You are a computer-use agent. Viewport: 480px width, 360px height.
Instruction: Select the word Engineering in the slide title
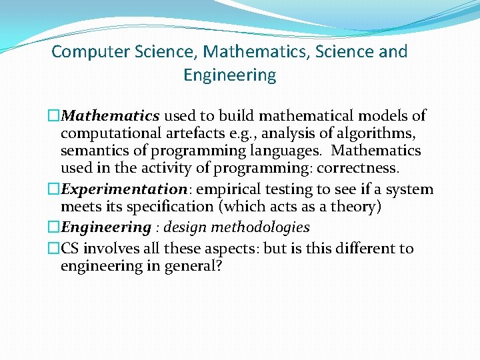(x=229, y=75)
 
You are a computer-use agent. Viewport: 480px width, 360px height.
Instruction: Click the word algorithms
(x=381, y=133)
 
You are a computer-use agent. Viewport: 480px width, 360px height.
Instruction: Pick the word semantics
(x=94, y=151)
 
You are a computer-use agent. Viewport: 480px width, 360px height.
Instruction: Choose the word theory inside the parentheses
(x=356, y=207)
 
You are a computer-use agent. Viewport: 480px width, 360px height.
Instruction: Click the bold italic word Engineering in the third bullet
(x=106, y=227)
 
